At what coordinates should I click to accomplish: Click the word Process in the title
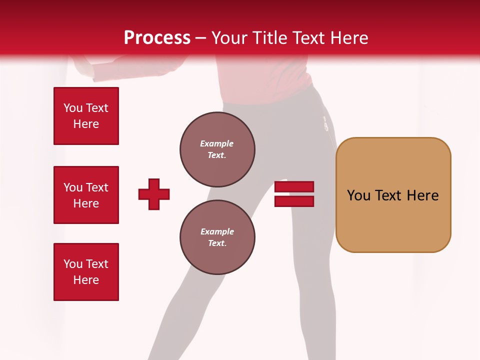point(157,38)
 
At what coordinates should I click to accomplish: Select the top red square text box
point(86,116)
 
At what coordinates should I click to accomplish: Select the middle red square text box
point(86,195)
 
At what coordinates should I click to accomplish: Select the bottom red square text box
point(86,272)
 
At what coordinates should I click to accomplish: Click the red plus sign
point(154,194)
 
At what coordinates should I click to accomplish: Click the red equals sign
point(294,194)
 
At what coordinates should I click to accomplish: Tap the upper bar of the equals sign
point(294,187)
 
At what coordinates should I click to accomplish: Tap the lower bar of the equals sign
point(294,201)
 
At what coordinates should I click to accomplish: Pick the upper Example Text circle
point(217,149)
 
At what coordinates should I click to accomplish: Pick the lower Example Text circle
point(217,237)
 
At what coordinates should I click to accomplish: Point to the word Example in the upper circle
point(217,143)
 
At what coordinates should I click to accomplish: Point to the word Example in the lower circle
point(217,231)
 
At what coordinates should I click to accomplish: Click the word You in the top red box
point(73,108)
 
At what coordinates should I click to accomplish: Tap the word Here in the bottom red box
point(86,280)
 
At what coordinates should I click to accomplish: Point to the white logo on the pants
point(325,124)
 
